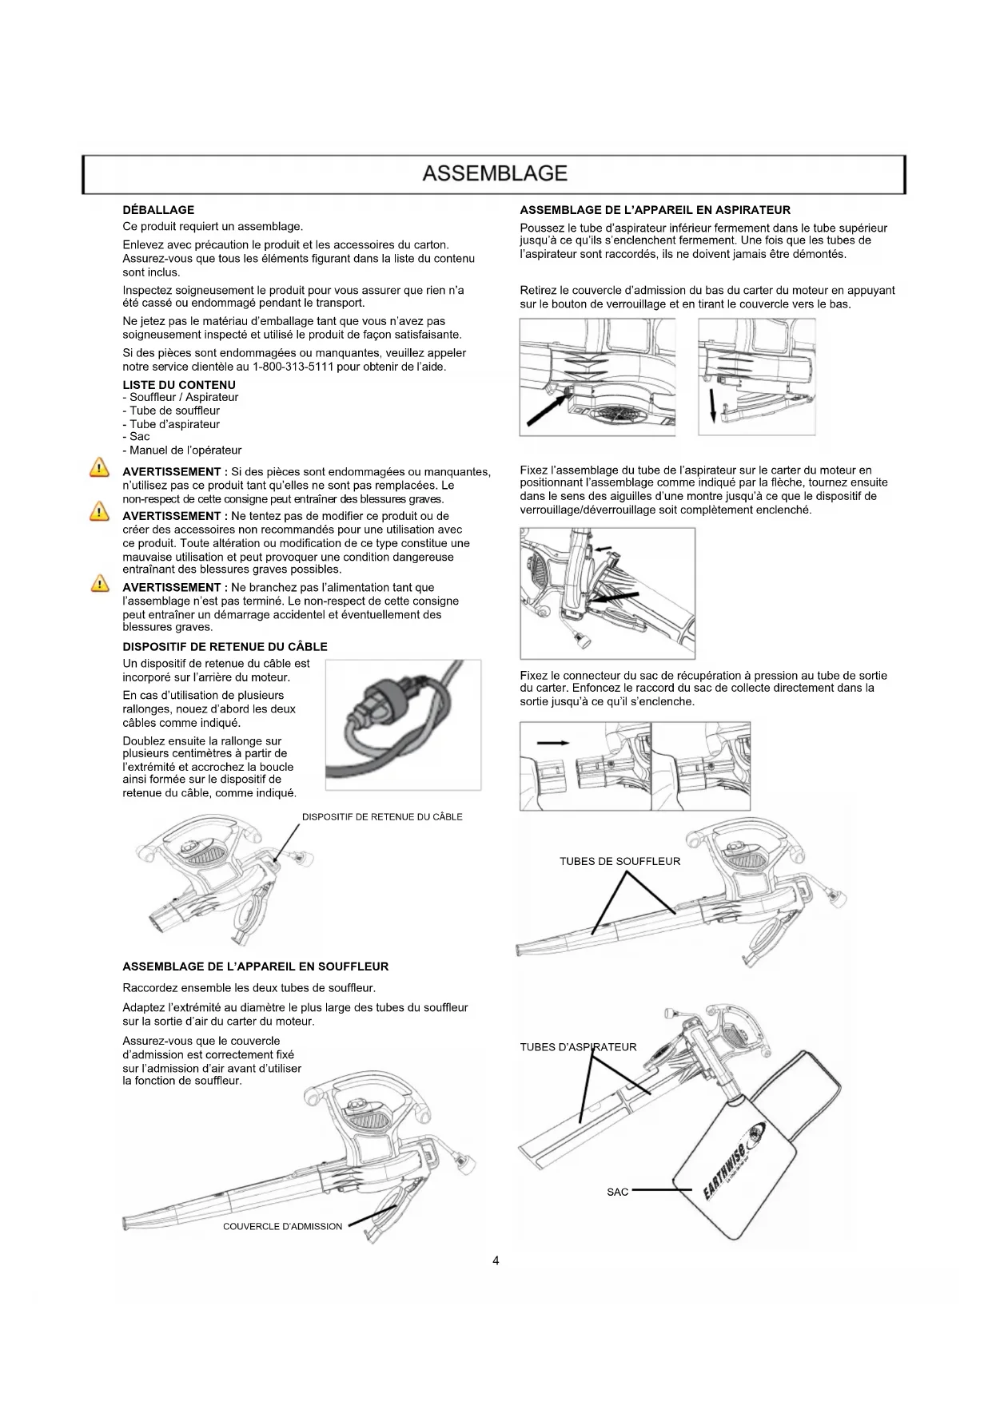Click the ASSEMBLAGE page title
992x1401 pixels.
(495, 173)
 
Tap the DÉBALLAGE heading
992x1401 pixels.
(158, 210)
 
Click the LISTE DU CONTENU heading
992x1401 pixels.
(179, 385)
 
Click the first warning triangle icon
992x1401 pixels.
(99, 468)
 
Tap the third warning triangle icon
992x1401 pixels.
(99, 584)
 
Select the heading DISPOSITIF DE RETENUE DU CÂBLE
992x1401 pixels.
(225, 646)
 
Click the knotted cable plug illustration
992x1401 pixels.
(403, 723)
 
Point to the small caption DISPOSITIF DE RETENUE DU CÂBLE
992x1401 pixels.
(382, 816)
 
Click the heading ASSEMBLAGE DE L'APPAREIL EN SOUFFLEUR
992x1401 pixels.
(255, 966)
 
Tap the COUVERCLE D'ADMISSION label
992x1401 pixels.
(282, 1226)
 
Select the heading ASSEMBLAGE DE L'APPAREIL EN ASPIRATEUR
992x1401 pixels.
(655, 210)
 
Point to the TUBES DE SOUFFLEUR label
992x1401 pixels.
(620, 861)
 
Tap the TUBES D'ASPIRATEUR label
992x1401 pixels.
(578, 1047)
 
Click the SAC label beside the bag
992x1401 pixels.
(617, 1192)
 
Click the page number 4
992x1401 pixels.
(496, 1260)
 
